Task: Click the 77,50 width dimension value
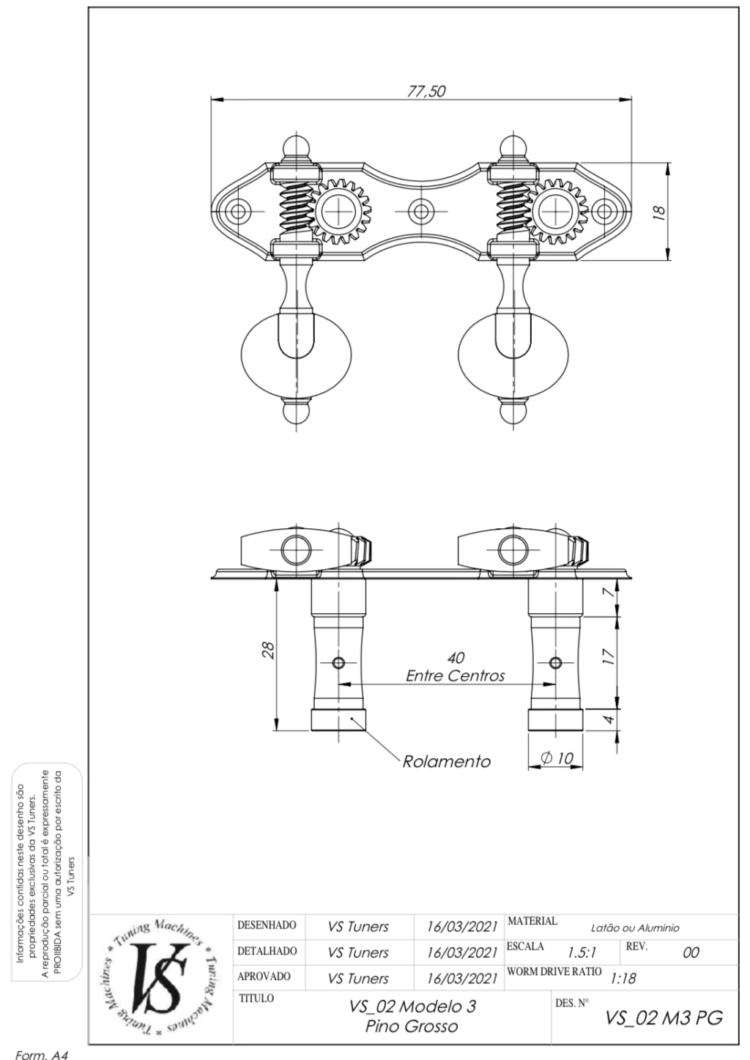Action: (426, 92)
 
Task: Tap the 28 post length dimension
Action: (268, 649)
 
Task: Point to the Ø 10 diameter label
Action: (557, 757)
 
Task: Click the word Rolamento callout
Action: (446, 762)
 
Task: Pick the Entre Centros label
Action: (456, 675)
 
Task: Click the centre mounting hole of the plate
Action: (420, 211)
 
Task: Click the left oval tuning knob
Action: (297, 355)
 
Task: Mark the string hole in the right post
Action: (555, 662)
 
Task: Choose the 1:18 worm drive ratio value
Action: (623, 979)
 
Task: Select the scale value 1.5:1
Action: (582, 952)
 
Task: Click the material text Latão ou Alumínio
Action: (635, 928)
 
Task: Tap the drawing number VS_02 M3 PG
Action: (664, 1018)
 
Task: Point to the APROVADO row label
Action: (264, 976)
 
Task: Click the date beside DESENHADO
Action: (462, 927)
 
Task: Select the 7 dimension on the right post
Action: (610, 593)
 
